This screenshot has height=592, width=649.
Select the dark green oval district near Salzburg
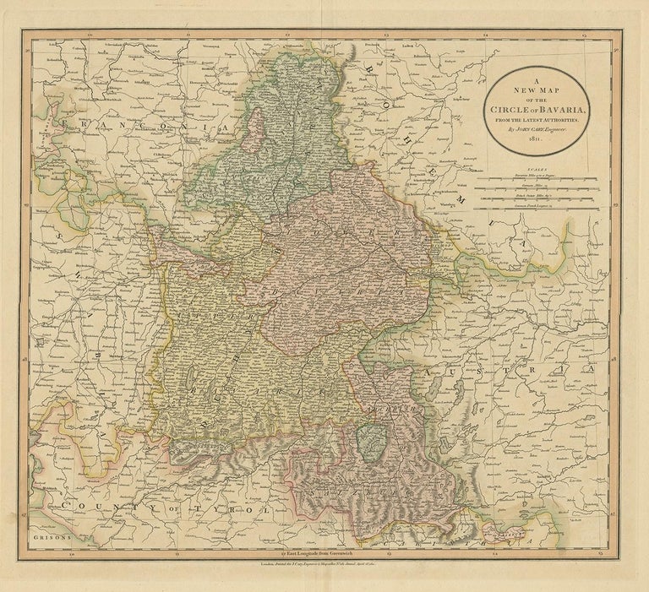pyautogui.click(x=369, y=437)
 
